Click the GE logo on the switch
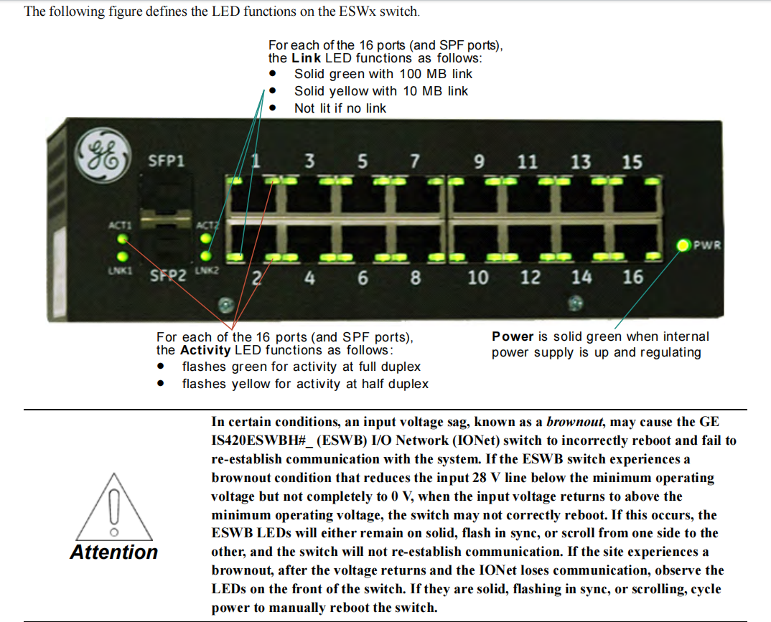(x=103, y=155)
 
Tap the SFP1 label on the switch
(x=167, y=161)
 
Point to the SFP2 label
(x=168, y=275)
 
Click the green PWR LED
(x=683, y=245)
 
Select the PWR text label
(x=707, y=245)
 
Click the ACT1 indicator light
(x=123, y=240)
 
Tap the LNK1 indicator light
(x=123, y=256)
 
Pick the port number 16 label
(x=633, y=277)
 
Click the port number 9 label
(x=479, y=161)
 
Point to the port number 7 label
(x=415, y=161)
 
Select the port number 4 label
(x=309, y=278)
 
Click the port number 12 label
(x=531, y=278)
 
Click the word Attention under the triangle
(x=114, y=552)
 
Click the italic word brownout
(x=574, y=422)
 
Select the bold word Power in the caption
(x=513, y=336)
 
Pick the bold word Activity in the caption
(x=205, y=350)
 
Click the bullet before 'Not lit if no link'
(x=272, y=108)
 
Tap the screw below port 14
(x=575, y=303)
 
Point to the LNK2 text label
(x=207, y=270)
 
